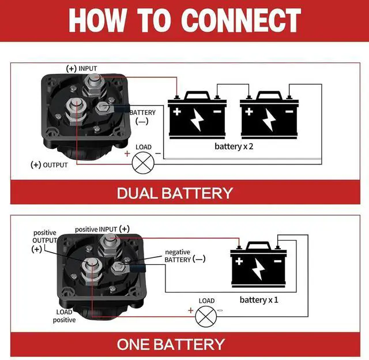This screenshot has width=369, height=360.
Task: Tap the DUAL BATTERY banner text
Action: tap(175, 193)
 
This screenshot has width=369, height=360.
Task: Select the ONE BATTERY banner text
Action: tap(171, 344)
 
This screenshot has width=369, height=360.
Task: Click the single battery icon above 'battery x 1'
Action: tap(259, 266)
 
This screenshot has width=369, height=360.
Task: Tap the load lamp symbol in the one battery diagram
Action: tap(205, 316)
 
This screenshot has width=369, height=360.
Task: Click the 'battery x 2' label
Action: tap(234, 147)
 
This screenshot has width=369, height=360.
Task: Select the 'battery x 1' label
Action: tap(259, 299)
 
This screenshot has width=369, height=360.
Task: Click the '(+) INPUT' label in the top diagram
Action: tap(82, 69)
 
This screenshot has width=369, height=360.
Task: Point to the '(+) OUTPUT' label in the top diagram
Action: tap(49, 165)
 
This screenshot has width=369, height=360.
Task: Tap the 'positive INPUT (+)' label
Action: tap(102, 229)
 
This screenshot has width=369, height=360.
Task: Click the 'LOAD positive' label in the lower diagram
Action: tap(65, 316)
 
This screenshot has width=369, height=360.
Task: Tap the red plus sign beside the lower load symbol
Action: tap(191, 310)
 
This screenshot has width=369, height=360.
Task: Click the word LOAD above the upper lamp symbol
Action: tap(144, 147)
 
